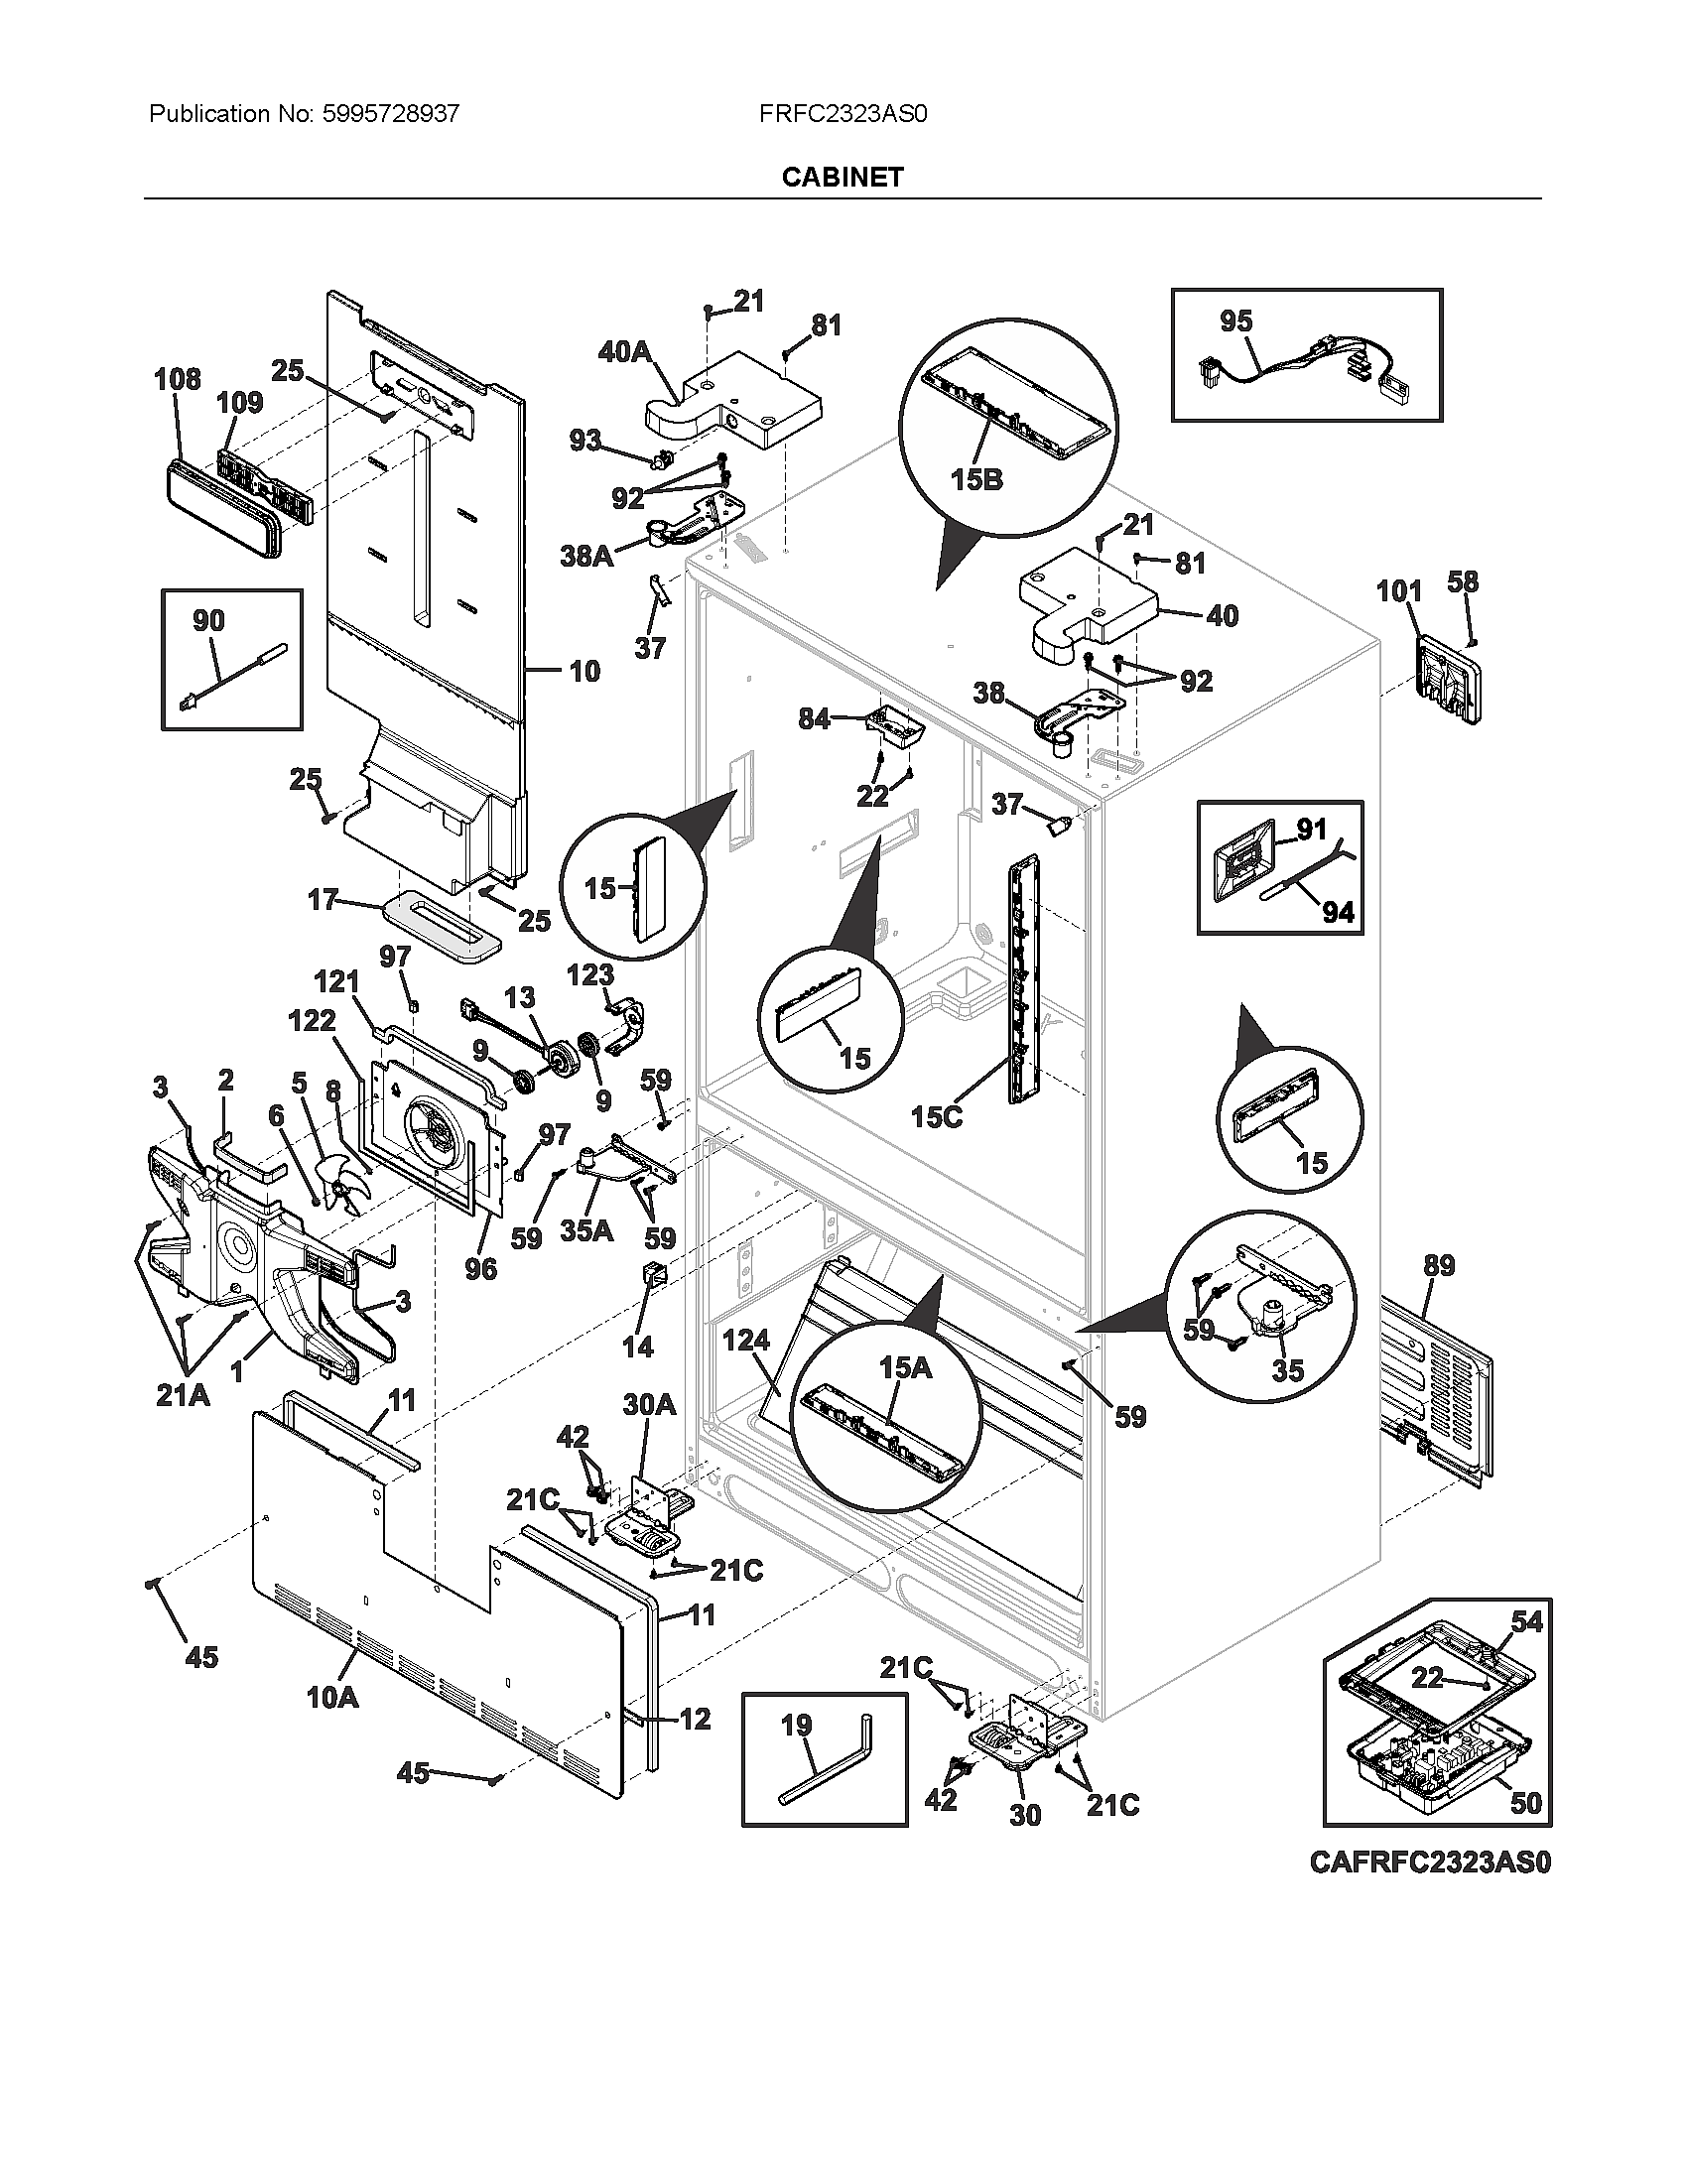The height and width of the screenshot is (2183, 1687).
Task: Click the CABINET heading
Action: tap(843, 177)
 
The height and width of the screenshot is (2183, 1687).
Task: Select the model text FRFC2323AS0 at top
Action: tap(843, 114)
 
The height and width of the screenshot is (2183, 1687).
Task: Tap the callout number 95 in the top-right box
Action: tap(1235, 321)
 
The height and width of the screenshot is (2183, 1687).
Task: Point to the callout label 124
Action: tap(746, 1340)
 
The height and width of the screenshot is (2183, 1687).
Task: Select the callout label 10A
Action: tap(332, 1696)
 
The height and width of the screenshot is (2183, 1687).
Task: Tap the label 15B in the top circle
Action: tap(975, 480)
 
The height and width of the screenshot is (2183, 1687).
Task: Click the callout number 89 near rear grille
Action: tap(1438, 1265)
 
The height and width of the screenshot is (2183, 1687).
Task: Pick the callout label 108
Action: tap(177, 379)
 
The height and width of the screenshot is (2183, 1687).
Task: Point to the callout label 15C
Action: tap(937, 1117)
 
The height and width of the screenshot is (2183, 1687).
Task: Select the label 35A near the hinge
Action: tap(585, 1230)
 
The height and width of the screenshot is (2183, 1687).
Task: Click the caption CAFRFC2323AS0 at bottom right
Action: tap(1430, 1863)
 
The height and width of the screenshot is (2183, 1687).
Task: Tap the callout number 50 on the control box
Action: tap(1525, 1803)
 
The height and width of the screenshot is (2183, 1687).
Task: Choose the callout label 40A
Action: tap(624, 351)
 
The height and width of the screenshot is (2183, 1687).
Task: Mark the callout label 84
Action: tap(814, 717)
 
